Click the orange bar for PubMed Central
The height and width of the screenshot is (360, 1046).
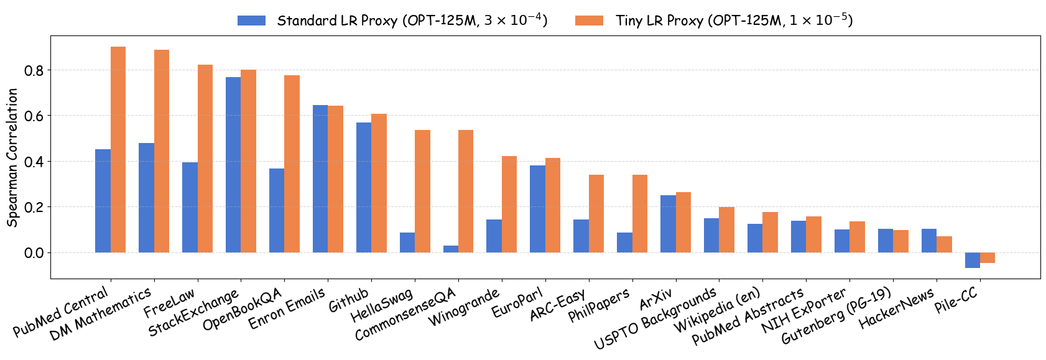(118, 149)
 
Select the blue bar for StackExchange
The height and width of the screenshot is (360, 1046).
(233, 165)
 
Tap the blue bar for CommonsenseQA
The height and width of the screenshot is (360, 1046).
(451, 249)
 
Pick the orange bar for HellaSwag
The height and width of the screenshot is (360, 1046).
(422, 191)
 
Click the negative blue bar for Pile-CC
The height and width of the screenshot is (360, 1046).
(972, 260)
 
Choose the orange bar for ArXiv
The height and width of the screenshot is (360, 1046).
(683, 222)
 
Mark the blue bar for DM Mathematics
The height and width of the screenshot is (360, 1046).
(146, 198)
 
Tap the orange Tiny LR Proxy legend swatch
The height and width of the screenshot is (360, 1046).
(589, 21)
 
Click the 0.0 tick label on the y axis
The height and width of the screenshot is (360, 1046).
(34, 252)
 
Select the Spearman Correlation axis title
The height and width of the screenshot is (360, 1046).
(12, 157)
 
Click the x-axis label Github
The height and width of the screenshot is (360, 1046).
(349, 300)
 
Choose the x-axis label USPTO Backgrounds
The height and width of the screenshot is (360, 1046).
(655, 318)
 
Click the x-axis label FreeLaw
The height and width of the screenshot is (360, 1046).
(169, 302)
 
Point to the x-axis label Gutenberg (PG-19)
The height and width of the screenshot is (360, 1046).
(837, 316)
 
